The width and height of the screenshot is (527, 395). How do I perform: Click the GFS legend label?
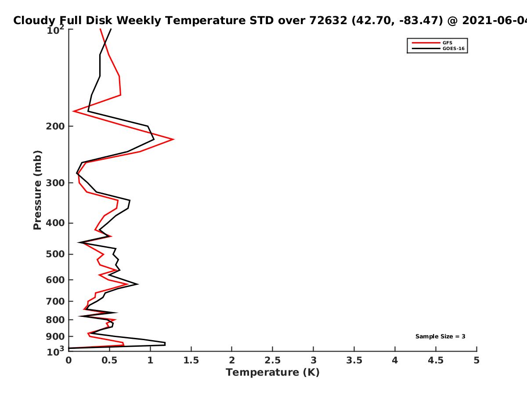click(447, 43)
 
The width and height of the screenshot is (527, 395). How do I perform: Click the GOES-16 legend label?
click(453, 48)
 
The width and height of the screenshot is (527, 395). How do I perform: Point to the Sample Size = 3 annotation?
click(440, 337)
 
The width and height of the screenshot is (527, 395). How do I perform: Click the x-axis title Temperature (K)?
click(273, 373)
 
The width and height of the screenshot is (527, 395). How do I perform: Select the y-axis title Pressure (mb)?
click(37, 190)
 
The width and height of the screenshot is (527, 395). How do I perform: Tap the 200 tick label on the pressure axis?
click(55, 126)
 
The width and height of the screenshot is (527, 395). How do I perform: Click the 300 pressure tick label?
click(55, 183)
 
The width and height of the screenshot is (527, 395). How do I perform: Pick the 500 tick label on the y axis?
click(55, 254)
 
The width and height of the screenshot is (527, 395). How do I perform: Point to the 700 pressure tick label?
click(55, 302)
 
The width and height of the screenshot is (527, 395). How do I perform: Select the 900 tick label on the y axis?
click(55, 337)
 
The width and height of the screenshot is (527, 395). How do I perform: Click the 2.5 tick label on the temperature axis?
click(273, 360)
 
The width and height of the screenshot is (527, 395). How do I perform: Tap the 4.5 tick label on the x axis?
click(436, 360)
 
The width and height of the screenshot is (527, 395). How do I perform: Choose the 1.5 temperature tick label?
click(191, 360)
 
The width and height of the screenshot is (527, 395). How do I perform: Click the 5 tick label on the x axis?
click(476, 360)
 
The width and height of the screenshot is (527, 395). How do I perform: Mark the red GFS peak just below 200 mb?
click(173, 139)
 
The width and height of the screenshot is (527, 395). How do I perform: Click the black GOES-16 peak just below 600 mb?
click(138, 284)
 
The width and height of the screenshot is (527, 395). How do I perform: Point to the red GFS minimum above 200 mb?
click(73, 111)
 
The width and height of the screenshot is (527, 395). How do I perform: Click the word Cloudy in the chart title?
click(34, 21)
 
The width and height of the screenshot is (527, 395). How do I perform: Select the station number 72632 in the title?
click(328, 20)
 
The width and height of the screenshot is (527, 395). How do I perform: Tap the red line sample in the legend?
click(426, 43)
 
